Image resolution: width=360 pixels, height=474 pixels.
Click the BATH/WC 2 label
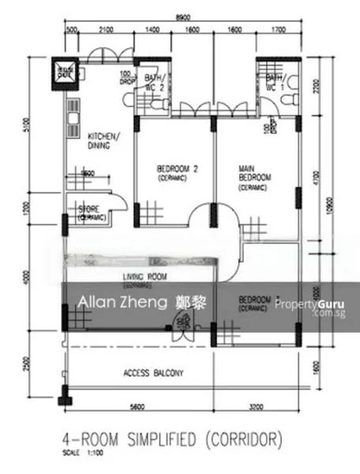[x=152, y=82]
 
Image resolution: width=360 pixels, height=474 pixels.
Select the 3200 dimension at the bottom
[x=254, y=408]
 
